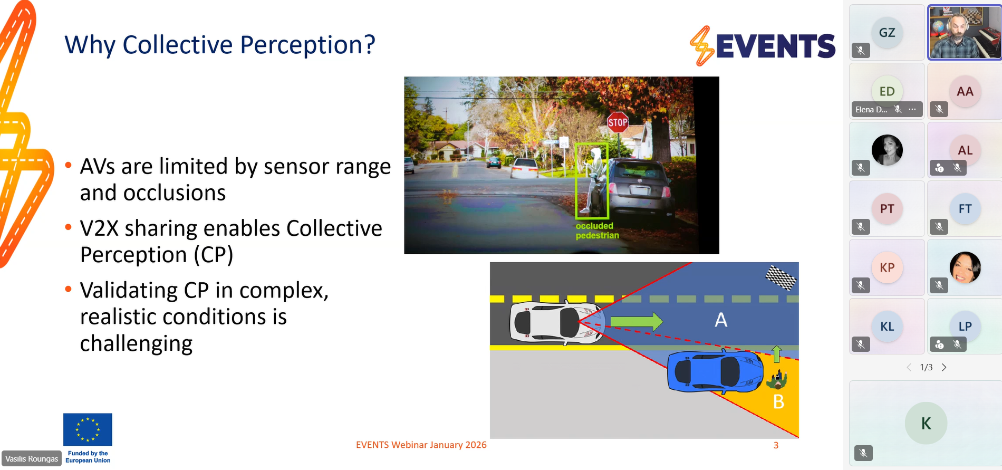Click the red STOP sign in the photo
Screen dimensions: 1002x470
[618, 122]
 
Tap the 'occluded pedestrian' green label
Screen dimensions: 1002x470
[597, 231]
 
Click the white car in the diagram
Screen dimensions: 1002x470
[556, 322]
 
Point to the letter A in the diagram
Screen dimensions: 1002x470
[721, 320]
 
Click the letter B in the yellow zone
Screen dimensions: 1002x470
[778, 402]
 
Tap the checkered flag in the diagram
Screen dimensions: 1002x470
[781, 277]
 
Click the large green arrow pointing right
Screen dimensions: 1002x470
[637, 321]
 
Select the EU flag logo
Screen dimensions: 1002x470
[88, 429]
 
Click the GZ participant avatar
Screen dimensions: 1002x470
[887, 33]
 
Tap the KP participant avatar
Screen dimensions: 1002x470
[887, 267]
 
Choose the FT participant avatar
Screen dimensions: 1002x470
[965, 209]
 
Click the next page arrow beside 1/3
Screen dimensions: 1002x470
[944, 367]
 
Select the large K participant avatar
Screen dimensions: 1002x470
[926, 423]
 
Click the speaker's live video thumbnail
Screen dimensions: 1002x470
[965, 32]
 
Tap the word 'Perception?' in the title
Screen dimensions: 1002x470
[308, 45]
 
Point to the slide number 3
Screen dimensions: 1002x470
[776, 445]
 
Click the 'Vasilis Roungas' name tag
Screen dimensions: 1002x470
[32, 459]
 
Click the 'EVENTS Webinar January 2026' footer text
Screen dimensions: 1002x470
[421, 445]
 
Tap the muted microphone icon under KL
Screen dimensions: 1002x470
[861, 344]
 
